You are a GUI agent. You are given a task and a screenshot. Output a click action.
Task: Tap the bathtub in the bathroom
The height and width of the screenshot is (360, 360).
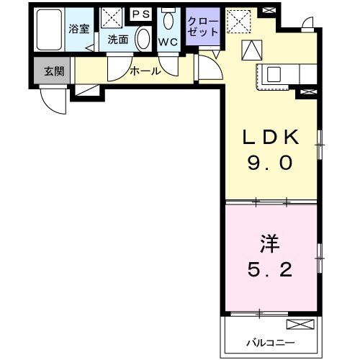[50, 30]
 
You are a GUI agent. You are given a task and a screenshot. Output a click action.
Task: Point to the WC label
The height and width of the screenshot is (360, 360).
[168, 41]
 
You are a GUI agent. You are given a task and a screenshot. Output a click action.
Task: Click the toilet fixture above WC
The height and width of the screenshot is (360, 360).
[168, 19]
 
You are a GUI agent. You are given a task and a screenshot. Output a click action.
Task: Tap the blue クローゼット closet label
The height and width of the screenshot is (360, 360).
[202, 27]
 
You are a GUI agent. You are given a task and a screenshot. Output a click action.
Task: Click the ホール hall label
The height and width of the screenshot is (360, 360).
[145, 71]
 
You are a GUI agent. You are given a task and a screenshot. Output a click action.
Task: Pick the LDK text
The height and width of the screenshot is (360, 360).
[269, 138]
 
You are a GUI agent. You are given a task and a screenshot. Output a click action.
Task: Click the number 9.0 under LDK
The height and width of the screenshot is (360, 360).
[269, 163]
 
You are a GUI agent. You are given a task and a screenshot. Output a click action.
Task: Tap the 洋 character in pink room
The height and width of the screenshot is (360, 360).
[269, 242]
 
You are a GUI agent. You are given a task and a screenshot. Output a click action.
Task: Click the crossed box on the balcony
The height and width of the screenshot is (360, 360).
[300, 324]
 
